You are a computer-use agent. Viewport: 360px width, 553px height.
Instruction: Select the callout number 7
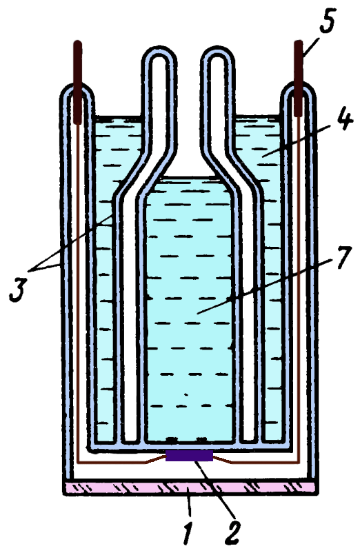341,257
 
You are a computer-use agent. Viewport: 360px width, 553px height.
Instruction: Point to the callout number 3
18,290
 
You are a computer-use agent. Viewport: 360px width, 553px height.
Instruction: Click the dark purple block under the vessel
190,455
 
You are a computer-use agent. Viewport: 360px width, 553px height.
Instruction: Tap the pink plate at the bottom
190,487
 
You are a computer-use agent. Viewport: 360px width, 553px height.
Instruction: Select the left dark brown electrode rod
77,82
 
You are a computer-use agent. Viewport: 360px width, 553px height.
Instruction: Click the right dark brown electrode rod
299,79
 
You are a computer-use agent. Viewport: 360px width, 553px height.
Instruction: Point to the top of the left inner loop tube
159,50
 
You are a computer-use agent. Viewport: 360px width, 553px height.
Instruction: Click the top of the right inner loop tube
217,50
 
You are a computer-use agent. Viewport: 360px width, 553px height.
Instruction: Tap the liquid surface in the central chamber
189,178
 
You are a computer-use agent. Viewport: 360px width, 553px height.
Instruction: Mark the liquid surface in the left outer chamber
118,117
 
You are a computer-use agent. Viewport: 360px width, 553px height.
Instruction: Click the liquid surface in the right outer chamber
257,117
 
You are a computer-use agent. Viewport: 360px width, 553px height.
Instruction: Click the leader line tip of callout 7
197,313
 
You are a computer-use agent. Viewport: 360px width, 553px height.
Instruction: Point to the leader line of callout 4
298,142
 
